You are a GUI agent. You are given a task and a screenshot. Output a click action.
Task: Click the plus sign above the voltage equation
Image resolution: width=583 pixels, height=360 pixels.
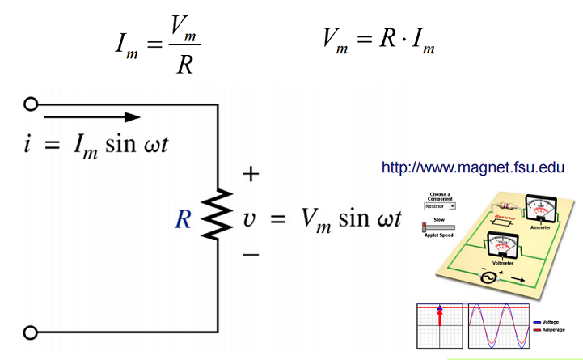[x=251, y=174]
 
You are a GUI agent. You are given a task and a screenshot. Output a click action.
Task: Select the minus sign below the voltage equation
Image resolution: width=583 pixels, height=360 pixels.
[x=251, y=255]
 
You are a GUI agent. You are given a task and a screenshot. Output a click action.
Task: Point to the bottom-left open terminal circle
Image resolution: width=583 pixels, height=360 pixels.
[x=32, y=332]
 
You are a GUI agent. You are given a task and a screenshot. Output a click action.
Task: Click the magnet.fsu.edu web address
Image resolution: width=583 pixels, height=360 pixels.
[x=472, y=168]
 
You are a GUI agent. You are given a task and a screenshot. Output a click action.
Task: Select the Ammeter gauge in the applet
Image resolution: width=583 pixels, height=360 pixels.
[x=539, y=208]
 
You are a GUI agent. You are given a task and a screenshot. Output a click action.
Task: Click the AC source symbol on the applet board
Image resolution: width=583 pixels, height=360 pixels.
[x=489, y=277]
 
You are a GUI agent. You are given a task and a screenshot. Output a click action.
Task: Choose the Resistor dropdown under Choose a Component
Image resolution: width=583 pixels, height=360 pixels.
[x=439, y=206]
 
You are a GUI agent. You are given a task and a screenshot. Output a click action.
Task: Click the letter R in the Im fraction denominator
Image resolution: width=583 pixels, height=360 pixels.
[x=184, y=64]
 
